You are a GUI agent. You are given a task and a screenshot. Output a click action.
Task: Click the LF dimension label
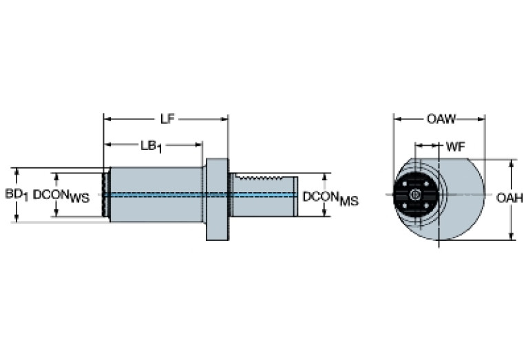(x=166, y=118)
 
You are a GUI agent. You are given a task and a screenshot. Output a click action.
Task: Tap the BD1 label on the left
(x=17, y=195)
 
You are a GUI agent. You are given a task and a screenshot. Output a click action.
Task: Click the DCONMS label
(x=330, y=198)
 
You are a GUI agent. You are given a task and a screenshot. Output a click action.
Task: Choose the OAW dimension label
(x=441, y=119)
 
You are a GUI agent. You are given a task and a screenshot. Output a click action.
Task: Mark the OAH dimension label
(x=510, y=198)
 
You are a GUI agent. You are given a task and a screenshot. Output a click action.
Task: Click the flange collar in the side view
(x=217, y=199)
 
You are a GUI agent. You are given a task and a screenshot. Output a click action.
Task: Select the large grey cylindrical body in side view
(x=155, y=194)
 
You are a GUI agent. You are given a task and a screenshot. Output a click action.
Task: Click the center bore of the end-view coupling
(x=414, y=195)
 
